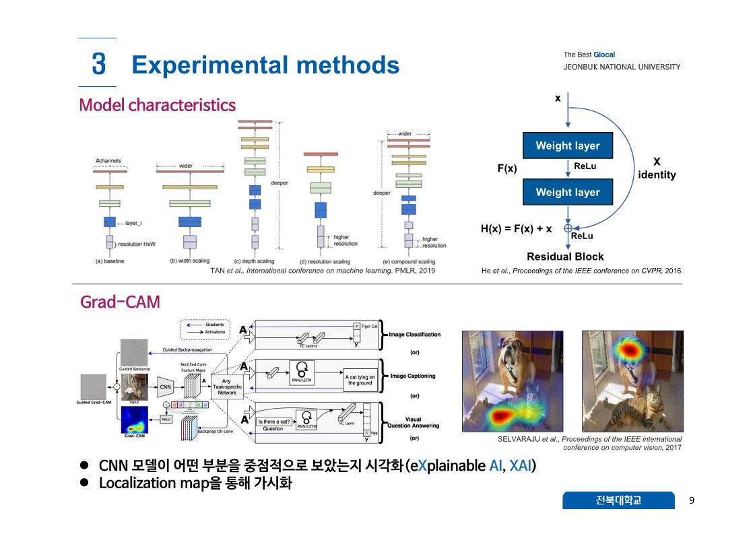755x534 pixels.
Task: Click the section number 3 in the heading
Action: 98,65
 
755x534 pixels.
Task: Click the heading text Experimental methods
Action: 265,65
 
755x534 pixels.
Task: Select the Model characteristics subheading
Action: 158,105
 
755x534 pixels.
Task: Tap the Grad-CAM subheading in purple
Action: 120,302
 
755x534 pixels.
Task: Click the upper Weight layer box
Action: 567,145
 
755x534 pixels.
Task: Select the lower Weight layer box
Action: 567,192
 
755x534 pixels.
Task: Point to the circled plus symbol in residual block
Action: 568,228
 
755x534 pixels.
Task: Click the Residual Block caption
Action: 565,257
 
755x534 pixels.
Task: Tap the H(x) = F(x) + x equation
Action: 516,229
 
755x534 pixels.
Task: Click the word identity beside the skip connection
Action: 657,175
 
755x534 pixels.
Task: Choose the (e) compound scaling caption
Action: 409,261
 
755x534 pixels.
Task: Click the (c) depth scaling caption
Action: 254,261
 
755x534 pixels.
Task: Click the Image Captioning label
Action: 413,376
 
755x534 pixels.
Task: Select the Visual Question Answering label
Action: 413,422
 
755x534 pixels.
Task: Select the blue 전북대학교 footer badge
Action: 618,500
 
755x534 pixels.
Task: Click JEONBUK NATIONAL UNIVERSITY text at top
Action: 622,67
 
